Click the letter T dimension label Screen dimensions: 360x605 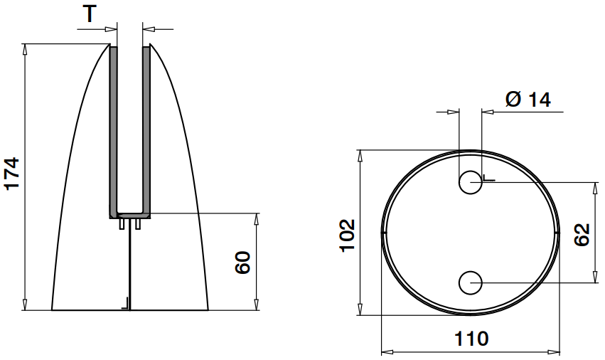pos(89,14)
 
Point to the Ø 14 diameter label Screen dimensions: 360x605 pos(528,100)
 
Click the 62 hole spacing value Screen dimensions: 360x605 pos(582,234)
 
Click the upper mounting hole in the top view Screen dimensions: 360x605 pos(470,183)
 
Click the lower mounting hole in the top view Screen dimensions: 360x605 pos(470,283)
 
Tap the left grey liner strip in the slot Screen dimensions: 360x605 pos(112,128)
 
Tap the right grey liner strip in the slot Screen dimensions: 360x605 pos(146,128)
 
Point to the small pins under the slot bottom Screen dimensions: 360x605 pos(130,223)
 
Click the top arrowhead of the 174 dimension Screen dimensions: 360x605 pos(26,48)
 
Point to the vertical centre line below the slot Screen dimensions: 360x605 pos(130,270)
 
